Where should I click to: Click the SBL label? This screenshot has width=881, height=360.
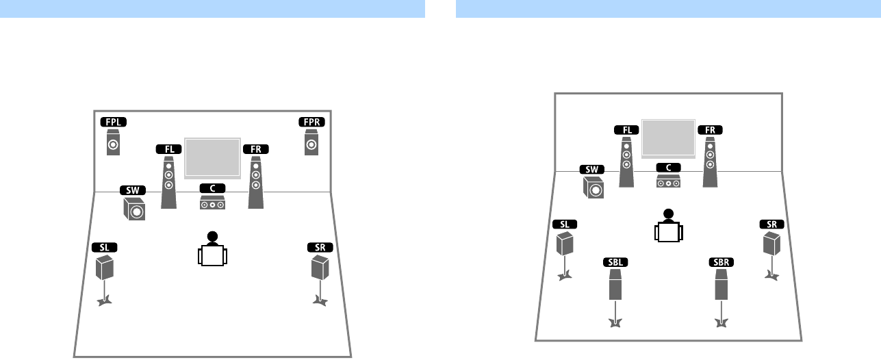click(615, 262)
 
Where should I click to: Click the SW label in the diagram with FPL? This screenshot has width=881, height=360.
click(132, 190)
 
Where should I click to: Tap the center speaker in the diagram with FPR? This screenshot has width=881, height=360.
click(213, 204)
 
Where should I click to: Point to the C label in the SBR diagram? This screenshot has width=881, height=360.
click(668, 168)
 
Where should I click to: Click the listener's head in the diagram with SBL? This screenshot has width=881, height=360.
click(668, 214)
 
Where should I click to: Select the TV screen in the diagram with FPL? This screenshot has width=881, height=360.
click(212, 158)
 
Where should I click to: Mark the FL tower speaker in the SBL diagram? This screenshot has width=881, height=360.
click(626, 162)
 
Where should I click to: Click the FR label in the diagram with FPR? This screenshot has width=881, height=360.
click(255, 149)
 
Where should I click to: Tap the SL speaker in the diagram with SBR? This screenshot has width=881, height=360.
click(564, 243)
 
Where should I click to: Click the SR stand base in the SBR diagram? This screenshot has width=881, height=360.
click(771, 277)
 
